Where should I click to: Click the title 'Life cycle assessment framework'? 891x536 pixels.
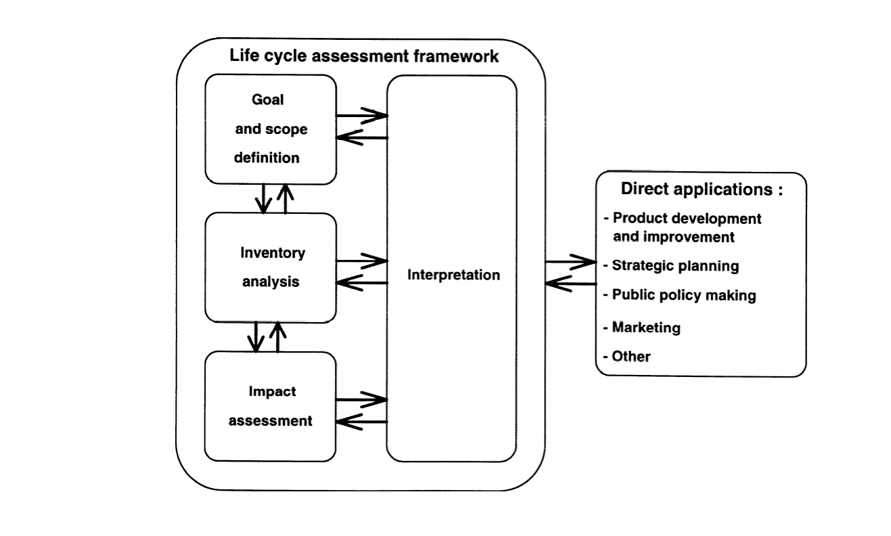364,56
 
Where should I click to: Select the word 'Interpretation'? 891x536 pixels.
453,275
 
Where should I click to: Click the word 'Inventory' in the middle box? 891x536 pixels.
273,254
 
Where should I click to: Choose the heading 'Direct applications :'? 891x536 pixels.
702,189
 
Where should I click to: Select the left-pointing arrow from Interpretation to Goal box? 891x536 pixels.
362,138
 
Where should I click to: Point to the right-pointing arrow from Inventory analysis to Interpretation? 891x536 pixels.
362,260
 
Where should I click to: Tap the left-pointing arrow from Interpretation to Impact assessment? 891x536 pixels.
362,422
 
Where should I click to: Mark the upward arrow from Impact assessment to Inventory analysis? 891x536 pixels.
277,336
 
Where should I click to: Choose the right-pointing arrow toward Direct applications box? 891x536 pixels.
570,261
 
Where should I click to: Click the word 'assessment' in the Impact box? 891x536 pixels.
271,421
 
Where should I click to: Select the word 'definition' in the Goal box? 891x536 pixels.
267,158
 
